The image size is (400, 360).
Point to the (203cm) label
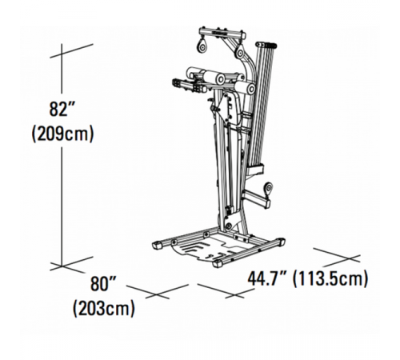102,308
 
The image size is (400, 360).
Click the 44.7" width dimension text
267,279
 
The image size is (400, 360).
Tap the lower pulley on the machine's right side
266,189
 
